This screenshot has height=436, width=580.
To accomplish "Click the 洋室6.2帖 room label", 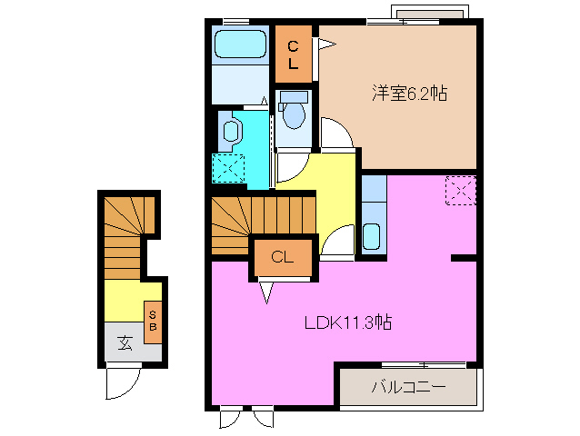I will (x=409, y=93).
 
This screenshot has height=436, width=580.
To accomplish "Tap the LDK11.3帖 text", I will (x=348, y=322).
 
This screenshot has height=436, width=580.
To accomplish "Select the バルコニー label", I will (x=407, y=388).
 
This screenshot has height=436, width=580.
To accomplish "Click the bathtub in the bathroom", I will (x=240, y=45).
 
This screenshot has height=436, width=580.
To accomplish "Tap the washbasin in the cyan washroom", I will (x=229, y=131).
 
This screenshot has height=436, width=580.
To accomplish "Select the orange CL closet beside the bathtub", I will (x=294, y=54).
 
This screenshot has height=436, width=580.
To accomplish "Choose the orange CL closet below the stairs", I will (x=282, y=257).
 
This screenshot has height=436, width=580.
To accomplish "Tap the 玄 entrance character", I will (x=123, y=342).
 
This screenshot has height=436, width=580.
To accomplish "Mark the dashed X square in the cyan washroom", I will (x=228, y=168).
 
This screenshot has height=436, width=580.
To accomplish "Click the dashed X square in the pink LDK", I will (x=461, y=191).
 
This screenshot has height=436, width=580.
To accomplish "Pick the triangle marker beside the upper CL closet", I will (x=325, y=41).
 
